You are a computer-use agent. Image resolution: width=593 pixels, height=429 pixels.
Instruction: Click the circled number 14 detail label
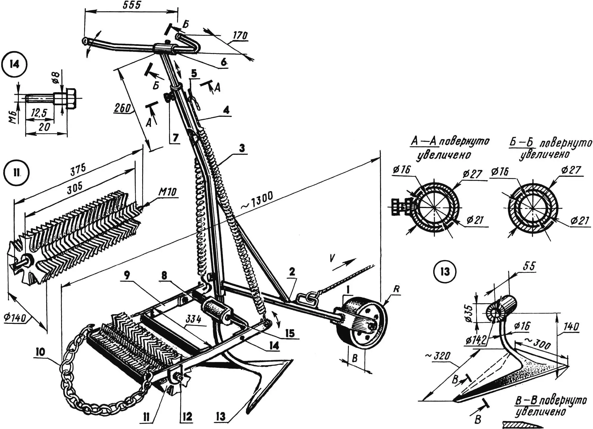pyautogui.click(x=14, y=64)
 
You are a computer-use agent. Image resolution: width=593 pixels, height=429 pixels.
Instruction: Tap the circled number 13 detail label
pyautogui.click(x=445, y=272)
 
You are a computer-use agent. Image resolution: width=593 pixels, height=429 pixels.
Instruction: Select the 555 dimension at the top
pyautogui.click(x=131, y=5)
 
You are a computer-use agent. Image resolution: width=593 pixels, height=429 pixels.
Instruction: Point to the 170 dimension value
pyautogui.click(x=240, y=35)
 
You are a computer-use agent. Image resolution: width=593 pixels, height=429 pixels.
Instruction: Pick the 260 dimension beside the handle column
pyautogui.click(x=123, y=108)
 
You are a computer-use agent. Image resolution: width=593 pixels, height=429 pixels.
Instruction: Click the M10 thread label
pyautogui.click(x=167, y=192)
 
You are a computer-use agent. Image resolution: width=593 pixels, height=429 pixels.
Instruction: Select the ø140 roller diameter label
pyautogui.click(x=15, y=317)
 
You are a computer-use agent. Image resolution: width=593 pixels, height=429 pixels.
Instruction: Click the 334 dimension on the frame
pyautogui.click(x=193, y=320)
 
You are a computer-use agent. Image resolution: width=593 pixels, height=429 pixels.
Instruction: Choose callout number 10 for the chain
pyautogui.click(x=40, y=352)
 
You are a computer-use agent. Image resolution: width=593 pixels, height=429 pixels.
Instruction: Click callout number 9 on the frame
pyautogui.click(x=127, y=275)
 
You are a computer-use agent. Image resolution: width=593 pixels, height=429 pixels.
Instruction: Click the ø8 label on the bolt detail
pyautogui.click(x=56, y=78)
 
